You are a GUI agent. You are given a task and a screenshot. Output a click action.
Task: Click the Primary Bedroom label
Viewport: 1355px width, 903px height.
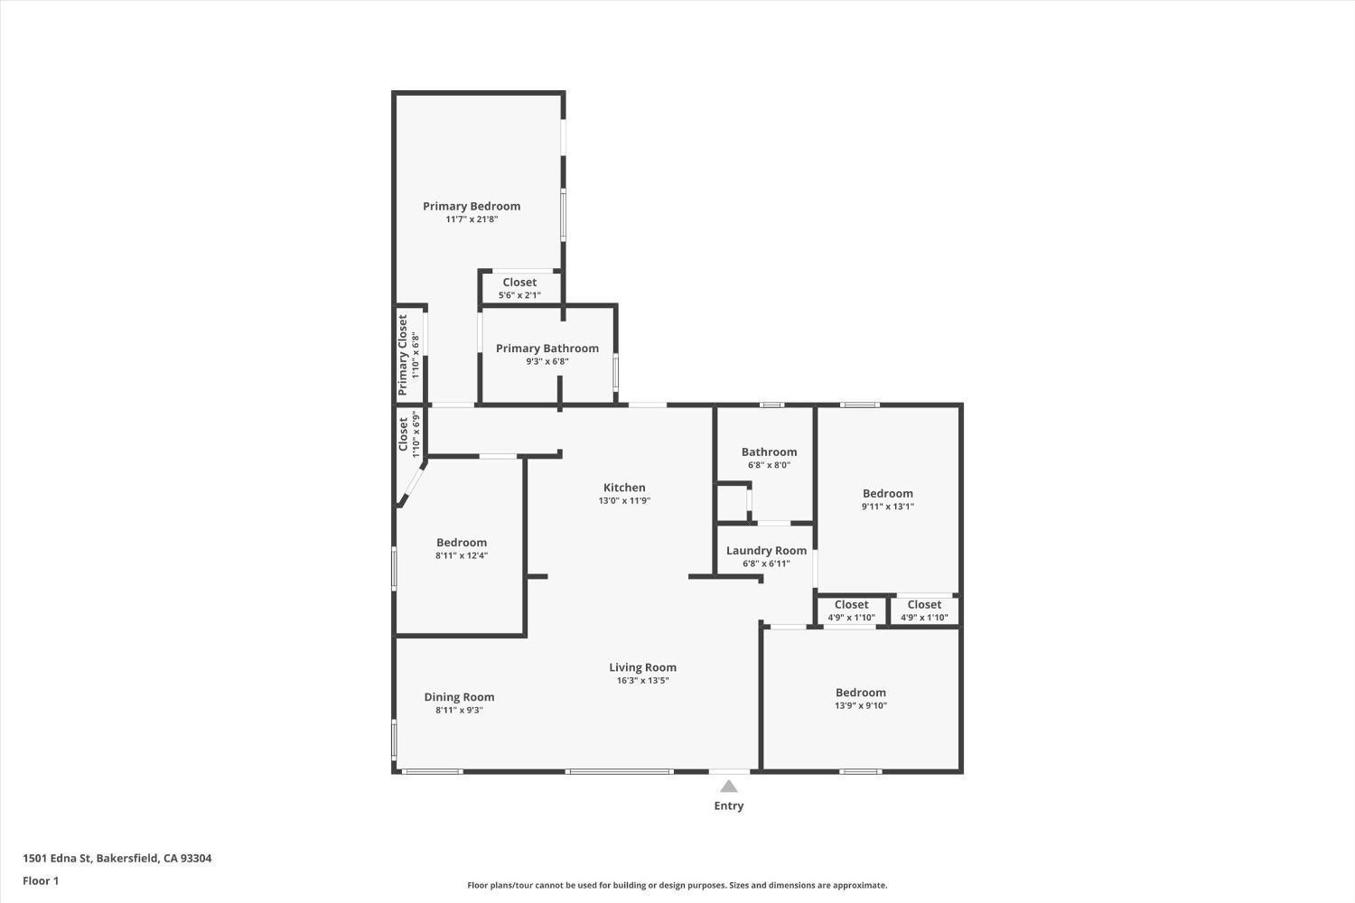472,206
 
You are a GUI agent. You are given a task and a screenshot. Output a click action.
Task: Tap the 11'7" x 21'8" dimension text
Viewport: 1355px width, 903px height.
472,219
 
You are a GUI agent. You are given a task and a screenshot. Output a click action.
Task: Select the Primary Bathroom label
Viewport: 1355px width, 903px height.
547,349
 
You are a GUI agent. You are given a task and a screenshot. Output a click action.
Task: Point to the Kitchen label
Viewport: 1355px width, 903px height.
624,488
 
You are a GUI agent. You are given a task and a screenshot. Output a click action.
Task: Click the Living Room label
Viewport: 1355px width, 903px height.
642,667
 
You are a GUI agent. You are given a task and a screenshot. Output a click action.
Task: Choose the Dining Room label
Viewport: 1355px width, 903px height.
459,697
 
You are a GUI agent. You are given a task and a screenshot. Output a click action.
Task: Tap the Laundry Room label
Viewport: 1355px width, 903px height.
766,551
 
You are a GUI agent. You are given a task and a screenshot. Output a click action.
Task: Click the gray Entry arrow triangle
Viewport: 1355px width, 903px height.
729,787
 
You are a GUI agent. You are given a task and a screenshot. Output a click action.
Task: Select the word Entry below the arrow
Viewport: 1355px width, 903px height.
729,805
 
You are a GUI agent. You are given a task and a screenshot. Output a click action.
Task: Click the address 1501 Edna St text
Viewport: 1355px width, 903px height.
117,859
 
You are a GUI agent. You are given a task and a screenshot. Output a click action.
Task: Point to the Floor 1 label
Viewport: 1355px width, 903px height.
41,880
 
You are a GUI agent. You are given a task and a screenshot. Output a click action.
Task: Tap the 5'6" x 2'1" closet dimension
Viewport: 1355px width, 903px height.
519,295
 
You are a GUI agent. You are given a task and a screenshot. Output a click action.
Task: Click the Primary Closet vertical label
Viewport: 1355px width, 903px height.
403,355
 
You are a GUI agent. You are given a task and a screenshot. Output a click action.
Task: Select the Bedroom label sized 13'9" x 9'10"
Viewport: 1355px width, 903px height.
860,693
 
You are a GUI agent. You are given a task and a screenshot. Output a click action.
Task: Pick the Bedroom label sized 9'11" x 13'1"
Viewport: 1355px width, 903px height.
887,493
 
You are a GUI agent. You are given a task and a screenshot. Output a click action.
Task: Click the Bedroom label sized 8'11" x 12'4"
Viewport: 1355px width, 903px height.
462,543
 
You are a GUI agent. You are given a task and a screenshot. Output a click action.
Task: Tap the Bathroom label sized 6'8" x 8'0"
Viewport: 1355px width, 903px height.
769,452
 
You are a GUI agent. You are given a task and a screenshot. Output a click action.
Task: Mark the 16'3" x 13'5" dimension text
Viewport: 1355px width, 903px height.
642,681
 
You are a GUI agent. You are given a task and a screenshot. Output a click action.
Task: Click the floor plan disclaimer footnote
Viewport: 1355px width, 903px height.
677,886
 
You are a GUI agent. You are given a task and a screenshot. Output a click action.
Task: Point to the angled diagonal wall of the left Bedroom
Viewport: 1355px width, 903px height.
411,484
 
